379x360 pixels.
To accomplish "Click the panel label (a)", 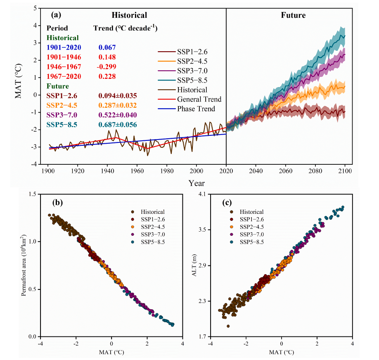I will (57, 15).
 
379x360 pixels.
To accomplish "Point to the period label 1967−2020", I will (64, 76).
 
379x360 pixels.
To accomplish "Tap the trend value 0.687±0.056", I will (118, 125).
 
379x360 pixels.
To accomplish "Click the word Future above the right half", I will (293, 15).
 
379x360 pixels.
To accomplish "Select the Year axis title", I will (197, 183).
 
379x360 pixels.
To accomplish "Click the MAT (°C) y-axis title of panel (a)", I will (19, 85).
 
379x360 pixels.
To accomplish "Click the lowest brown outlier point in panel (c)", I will (228, 326).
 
